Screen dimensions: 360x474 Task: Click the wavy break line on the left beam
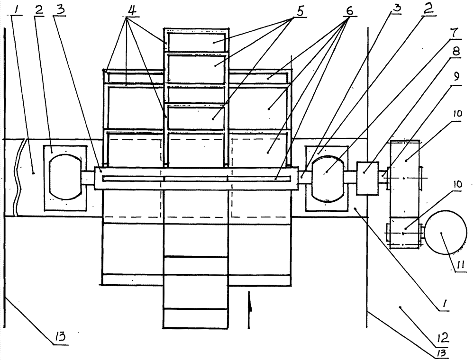tap(18, 178)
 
